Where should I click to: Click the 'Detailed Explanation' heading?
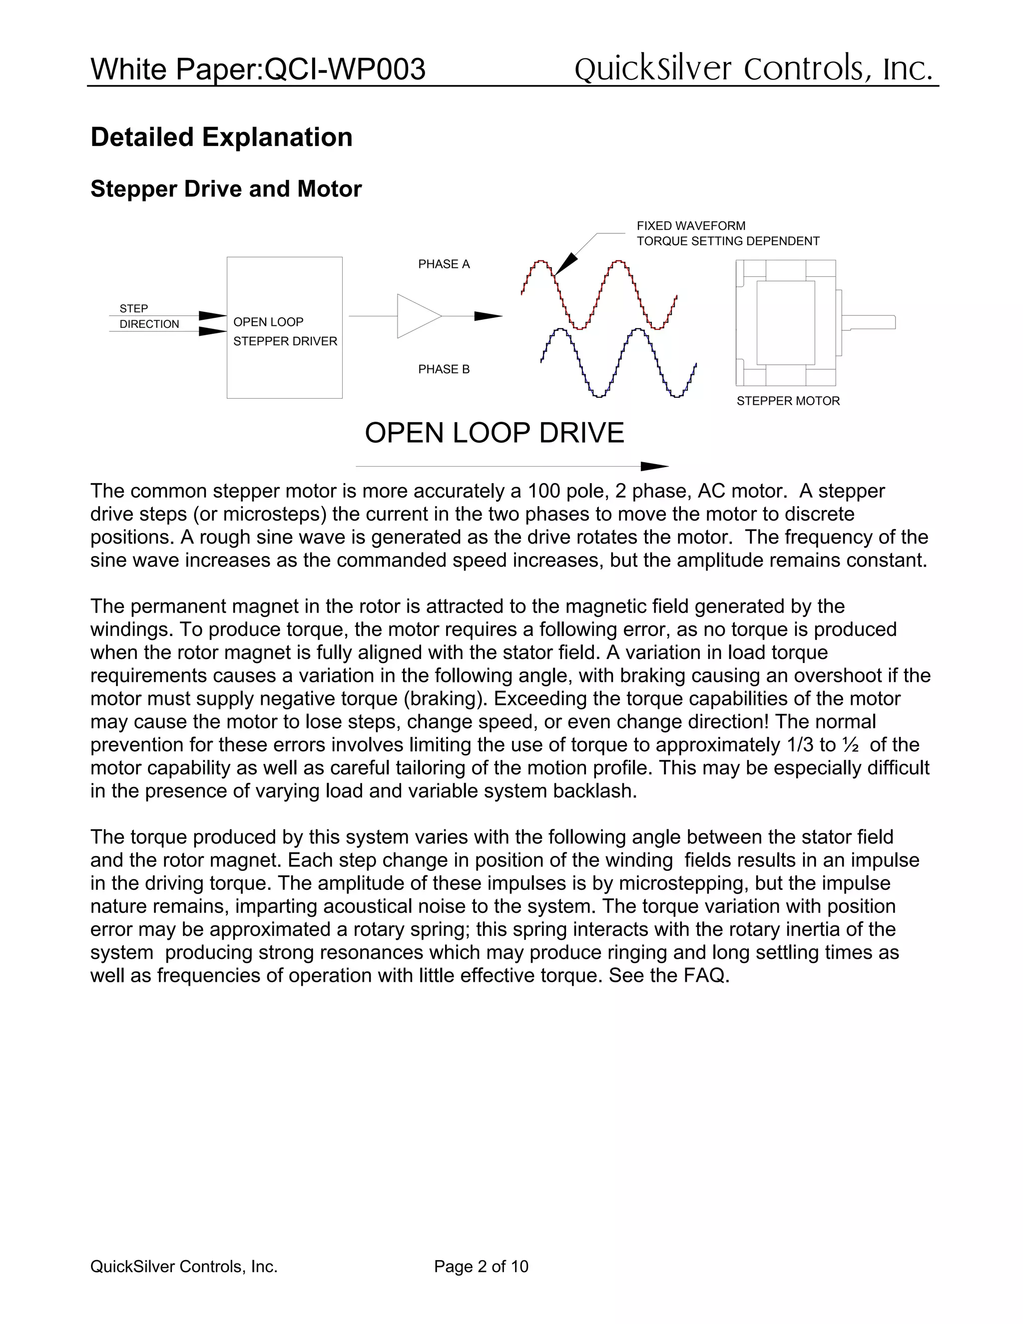click(221, 137)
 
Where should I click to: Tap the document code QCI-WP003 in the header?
click(346, 69)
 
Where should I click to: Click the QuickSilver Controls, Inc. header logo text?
click(753, 68)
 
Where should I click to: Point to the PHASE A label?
click(444, 264)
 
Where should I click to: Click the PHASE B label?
click(444, 369)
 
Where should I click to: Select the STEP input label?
click(133, 309)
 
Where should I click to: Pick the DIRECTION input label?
click(149, 324)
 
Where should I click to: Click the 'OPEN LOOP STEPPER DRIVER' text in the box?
click(284, 332)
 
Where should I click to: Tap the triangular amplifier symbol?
click(415, 316)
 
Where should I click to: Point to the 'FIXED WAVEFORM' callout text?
click(691, 225)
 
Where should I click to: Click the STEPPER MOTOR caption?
click(788, 401)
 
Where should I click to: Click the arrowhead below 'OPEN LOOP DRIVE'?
click(654, 466)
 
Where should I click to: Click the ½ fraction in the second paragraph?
click(850, 744)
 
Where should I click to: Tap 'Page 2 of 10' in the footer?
click(481, 1267)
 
